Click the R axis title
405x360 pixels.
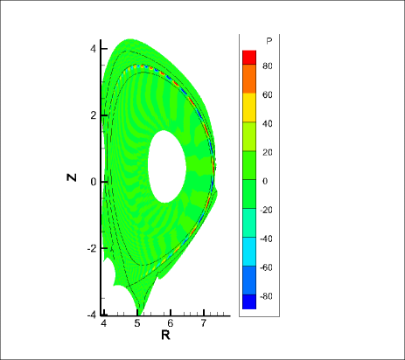click(x=165, y=336)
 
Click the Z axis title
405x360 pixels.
click(x=72, y=177)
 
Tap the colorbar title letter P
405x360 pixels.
click(x=269, y=41)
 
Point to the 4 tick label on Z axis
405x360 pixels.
click(x=93, y=49)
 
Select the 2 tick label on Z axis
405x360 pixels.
click(x=93, y=115)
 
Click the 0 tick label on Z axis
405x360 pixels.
click(x=93, y=182)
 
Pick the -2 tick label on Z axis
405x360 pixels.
click(x=92, y=249)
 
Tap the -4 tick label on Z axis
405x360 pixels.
click(x=92, y=315)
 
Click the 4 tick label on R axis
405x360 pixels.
click(x=104, y=323)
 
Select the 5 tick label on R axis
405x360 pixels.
click(x=137, y=323)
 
